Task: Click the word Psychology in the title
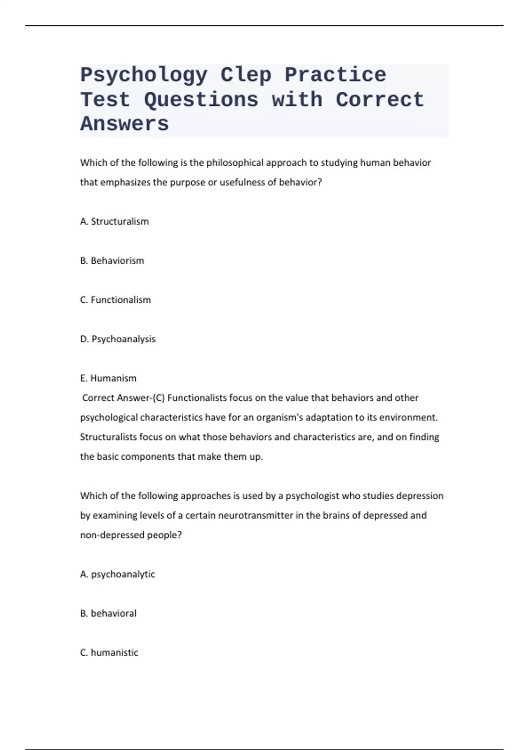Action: pos(144,75)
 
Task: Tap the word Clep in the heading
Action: pos(246,75)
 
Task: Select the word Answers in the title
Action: pos(124,124)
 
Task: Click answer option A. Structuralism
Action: pos(115,221)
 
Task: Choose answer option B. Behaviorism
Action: pos(112,261)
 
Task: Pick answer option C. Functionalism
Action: pos(115,300)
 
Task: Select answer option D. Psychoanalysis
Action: pos(118,339)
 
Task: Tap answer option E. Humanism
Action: pos(108,378)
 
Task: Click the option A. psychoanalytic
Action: pos(118,574)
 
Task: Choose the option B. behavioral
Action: pos(108,613)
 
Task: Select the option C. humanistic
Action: pos(109,652)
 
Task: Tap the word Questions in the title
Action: pos(201,100)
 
